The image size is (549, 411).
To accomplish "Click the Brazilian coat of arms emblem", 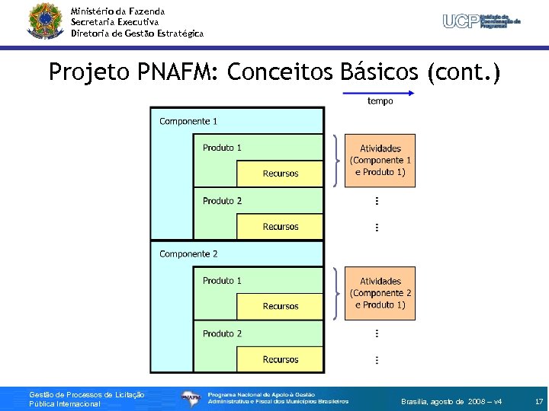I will [45, 21].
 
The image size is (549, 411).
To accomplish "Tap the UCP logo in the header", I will [482, 21].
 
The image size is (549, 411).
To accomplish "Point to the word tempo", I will [380, 101].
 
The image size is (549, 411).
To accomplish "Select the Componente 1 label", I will [188, 121].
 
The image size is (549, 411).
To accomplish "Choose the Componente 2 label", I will [188, 253].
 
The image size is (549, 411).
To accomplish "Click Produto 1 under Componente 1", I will [222, 148].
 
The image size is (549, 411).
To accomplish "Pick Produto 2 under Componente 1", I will [222, 201].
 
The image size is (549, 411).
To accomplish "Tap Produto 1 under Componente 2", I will [222, 280].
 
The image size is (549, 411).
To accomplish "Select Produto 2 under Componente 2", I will [222, 333].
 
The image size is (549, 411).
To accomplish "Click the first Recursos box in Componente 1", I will [280, 174].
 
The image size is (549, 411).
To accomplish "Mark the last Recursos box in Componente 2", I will [280, 359].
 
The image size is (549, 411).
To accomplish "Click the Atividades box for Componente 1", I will [380, 160].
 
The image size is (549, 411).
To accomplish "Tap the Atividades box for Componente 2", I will [380, 293].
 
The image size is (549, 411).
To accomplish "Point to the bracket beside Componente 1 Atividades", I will [335, 160].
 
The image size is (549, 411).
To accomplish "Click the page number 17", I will [538, 401].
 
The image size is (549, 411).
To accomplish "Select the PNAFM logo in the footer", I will [191, 397].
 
